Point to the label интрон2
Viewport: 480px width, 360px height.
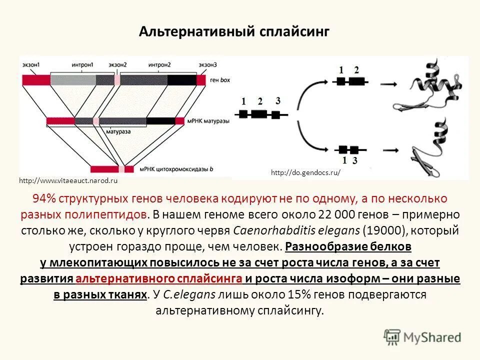pos(159,65)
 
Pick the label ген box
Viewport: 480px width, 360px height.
pos(219,80)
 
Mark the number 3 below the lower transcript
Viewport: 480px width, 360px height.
pos(355,160)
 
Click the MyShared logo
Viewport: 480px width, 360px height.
pos(423,337)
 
